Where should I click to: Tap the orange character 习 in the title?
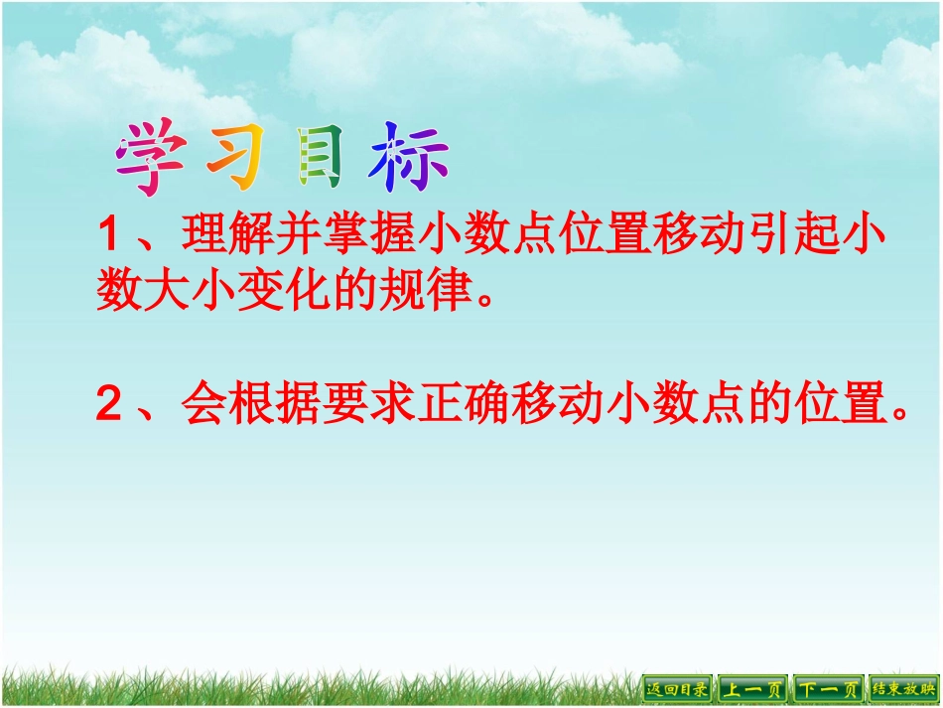[234, 159]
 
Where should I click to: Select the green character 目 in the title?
[321, 159]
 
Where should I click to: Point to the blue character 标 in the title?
[409, 159]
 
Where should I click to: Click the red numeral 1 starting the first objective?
[108, 238]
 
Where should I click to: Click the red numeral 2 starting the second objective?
[108, 405]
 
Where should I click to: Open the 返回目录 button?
[678, 688]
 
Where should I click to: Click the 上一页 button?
[751, 688]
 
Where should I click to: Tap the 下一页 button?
[828, 688]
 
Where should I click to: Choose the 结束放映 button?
[903, 688]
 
